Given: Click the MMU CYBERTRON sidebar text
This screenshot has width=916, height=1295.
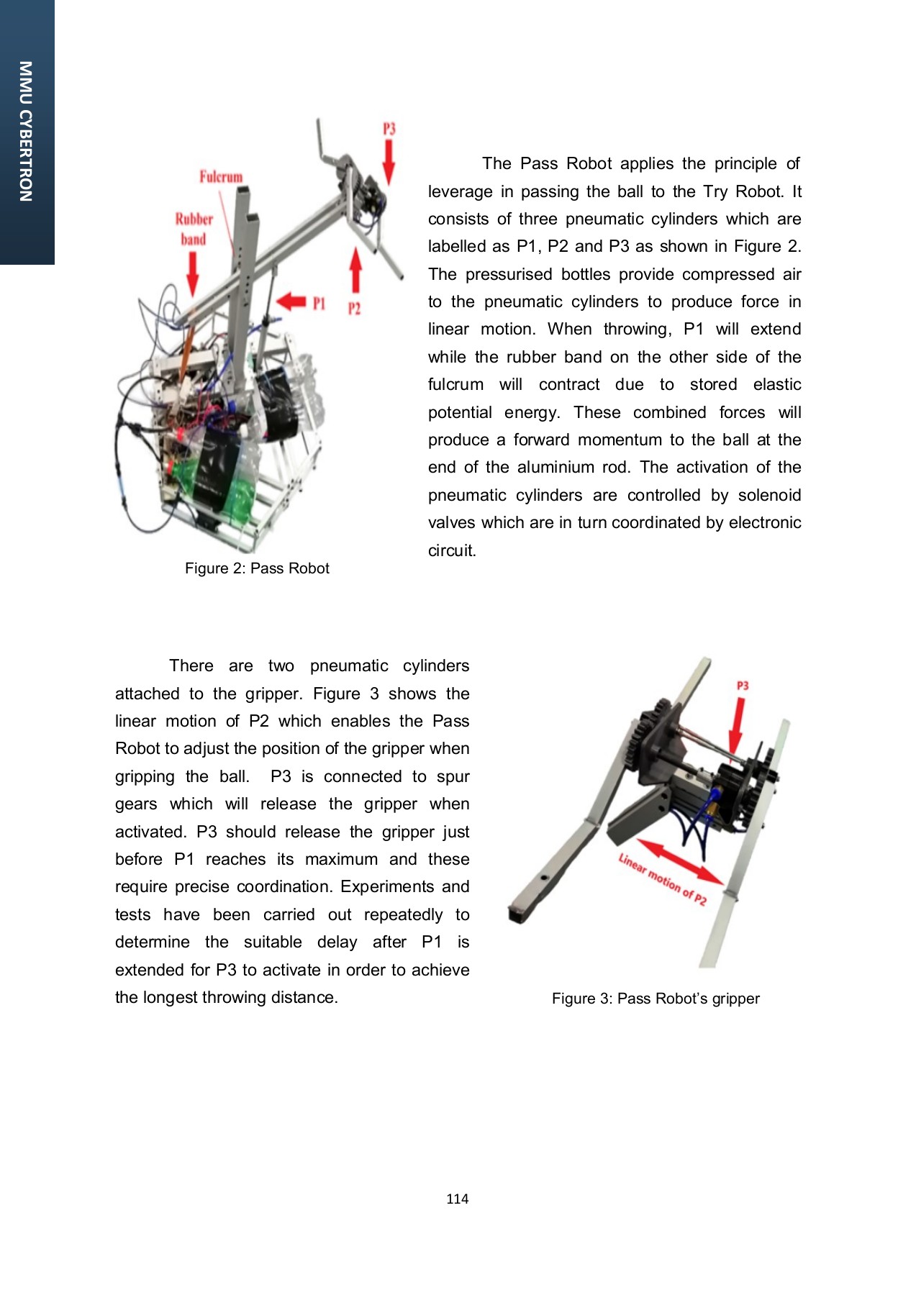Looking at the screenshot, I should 26,132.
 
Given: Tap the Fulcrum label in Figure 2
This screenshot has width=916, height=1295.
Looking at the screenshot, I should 221,176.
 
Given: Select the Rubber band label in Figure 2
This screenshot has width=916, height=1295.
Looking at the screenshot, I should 194,229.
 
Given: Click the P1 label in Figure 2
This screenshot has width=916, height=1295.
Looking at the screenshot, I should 319,304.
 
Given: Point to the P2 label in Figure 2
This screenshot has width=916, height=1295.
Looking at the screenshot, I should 354,309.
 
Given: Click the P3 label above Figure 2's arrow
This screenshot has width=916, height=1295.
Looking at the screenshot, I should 389,129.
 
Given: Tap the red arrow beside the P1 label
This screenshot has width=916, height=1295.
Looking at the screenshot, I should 291,301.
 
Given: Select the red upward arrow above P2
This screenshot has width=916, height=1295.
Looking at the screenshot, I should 355,270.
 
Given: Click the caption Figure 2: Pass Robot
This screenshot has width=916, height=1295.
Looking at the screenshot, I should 257,568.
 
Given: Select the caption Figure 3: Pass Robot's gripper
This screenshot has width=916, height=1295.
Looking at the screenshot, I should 656,999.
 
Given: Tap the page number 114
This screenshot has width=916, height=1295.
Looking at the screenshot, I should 457,1199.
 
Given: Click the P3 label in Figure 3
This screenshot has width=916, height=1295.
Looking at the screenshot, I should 743,686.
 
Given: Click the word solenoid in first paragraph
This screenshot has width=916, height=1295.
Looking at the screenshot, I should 770,495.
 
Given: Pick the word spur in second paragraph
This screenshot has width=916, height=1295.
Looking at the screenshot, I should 453,776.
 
